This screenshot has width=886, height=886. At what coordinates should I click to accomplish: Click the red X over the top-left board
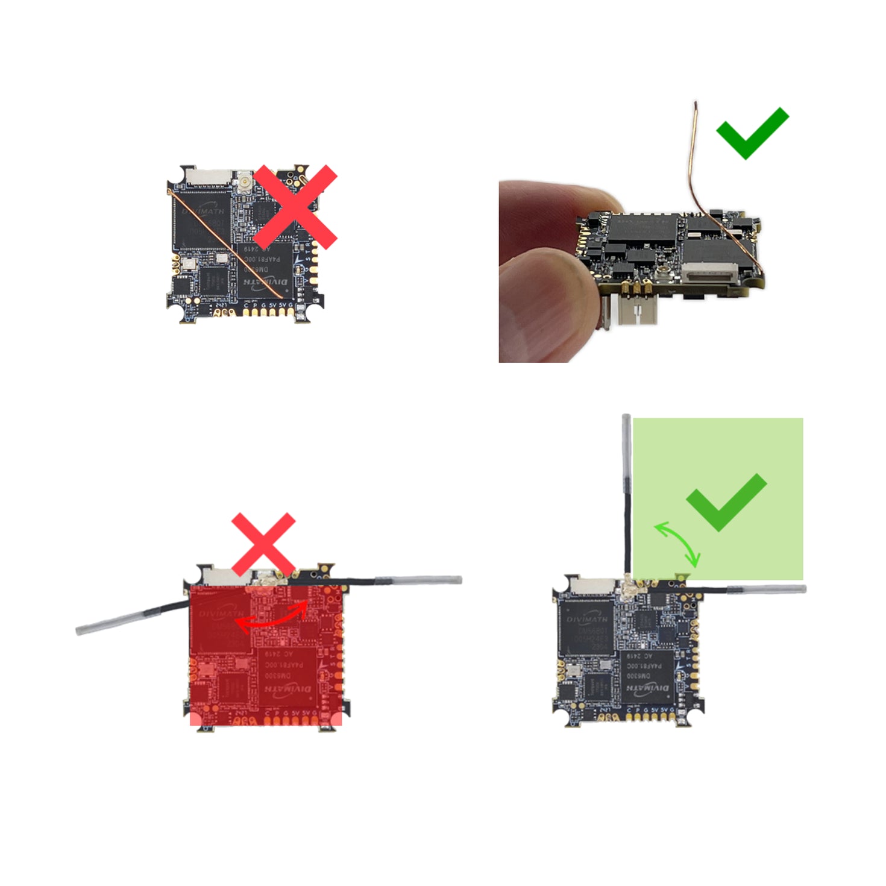point(295,207)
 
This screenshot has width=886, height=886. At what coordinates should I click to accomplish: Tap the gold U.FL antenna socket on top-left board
point(245,180)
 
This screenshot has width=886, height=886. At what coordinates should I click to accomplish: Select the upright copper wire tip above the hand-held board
point(696,106)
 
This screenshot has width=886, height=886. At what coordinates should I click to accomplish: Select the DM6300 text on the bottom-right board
point(646,676)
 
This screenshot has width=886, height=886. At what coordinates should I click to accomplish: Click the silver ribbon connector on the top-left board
point(209,176)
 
